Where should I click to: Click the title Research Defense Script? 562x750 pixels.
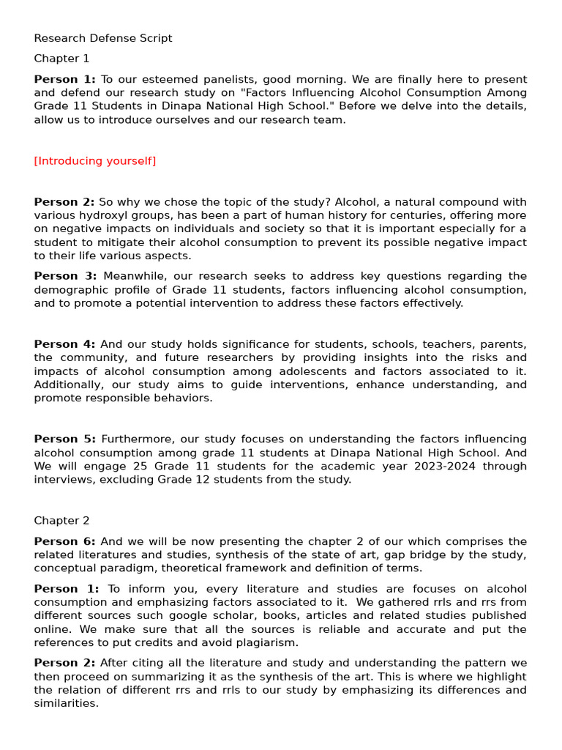[103, 38]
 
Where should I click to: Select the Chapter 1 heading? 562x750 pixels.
[61, 59]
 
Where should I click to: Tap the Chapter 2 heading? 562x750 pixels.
[61, 521]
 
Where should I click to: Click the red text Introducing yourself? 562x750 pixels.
[95, 161]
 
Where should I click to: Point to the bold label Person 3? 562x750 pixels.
[65, 276]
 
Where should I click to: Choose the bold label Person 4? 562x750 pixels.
[64, 344]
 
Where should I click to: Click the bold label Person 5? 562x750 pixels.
[64, 439]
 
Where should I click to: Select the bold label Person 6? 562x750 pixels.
[64, 541]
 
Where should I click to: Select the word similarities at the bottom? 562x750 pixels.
[66, 704]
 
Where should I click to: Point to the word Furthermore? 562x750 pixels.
[134, 439]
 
